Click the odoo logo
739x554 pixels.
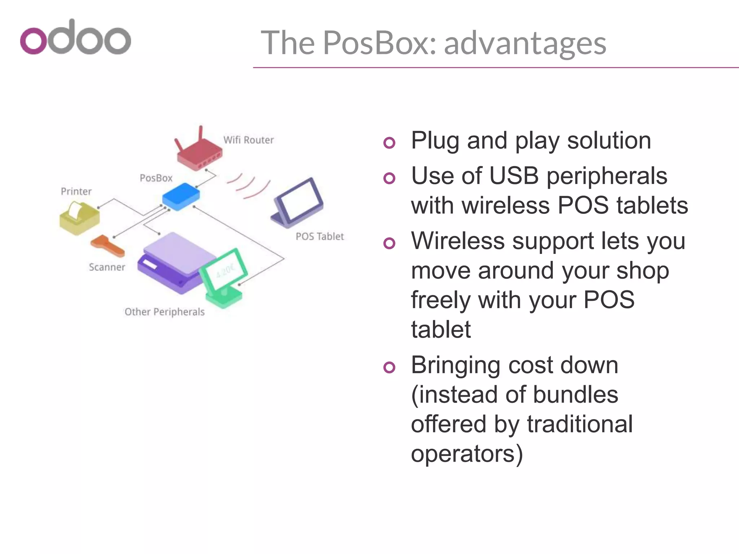pos(75,38)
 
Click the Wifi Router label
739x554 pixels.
pos(248,140)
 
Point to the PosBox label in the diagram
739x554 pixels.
pos(156,178)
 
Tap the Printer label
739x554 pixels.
pos(76,192)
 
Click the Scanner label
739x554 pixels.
pos(107,267)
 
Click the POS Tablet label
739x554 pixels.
pos(320,237)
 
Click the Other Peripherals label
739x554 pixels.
pos(165,312)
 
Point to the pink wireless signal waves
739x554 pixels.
pos(249,185)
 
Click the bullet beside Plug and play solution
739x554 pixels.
pos(389,143)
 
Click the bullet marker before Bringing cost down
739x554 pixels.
pos(389,368)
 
